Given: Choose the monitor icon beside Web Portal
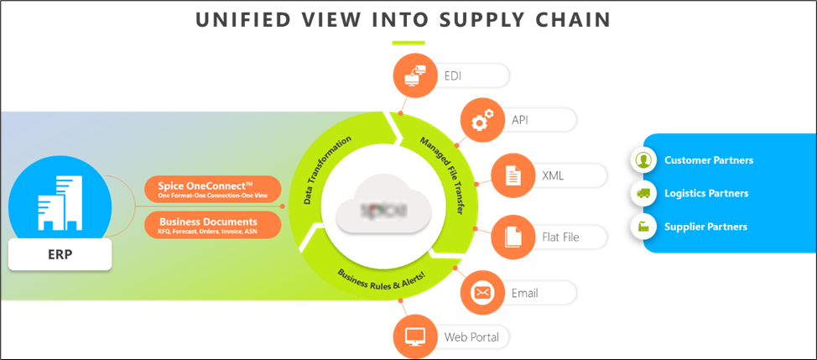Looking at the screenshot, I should pyautogui.click(x=413, y=337).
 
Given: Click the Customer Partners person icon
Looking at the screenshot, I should pyautogui.click(x=643, y=159).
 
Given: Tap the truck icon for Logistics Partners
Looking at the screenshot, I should pyautogui.click(x=643, y=193).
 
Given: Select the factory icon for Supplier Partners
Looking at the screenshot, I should pyautogui.click(x=643, y=227).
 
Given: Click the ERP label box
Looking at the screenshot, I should pyautogui.click(x=60, y=254).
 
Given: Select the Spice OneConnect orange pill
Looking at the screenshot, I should pyautogui.click(x=213, y=189).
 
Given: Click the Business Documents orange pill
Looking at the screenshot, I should pyautogui.click(x=213, y=224).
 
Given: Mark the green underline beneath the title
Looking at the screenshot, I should pyautogui.click(x=408, y=43).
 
